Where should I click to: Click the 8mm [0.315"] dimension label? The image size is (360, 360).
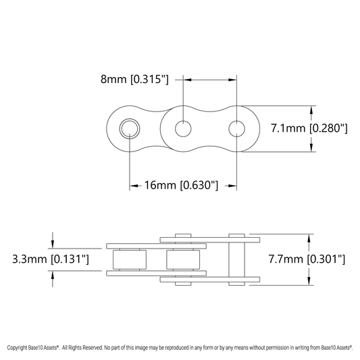point(134,79)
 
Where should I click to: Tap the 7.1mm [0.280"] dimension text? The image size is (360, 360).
point(309,128)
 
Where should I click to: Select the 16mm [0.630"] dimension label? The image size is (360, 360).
point(181,185)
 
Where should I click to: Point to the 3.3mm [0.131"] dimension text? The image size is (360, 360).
point(51,259)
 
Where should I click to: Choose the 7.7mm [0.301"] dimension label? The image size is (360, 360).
point(307,259)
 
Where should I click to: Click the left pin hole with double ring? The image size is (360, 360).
point(130,128)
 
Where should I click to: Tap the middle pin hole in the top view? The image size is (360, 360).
point(183,128)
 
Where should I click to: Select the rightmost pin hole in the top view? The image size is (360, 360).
point(236,128)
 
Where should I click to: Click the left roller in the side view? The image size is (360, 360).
point(130,259)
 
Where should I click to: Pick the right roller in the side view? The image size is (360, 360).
point(183,259)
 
